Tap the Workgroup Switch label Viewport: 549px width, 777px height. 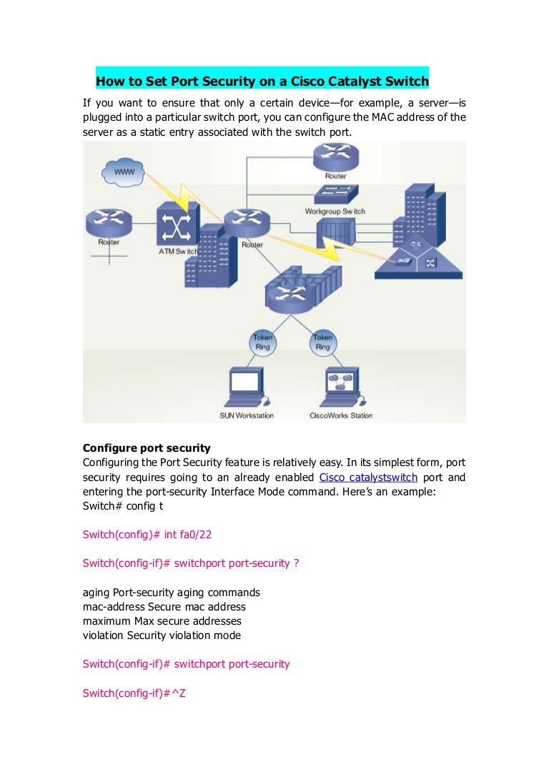point(335,212)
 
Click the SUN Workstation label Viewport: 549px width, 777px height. point(246,415)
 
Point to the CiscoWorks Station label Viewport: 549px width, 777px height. point(341,415)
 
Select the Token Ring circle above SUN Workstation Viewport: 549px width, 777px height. point(262,342)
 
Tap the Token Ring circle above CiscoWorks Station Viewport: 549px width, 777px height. point(322,342)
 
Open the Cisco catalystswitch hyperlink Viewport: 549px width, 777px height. point(368,477)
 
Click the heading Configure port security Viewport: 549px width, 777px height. point(147,448)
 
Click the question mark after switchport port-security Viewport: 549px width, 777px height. point(297,563)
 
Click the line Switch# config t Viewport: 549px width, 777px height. point(118,505)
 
